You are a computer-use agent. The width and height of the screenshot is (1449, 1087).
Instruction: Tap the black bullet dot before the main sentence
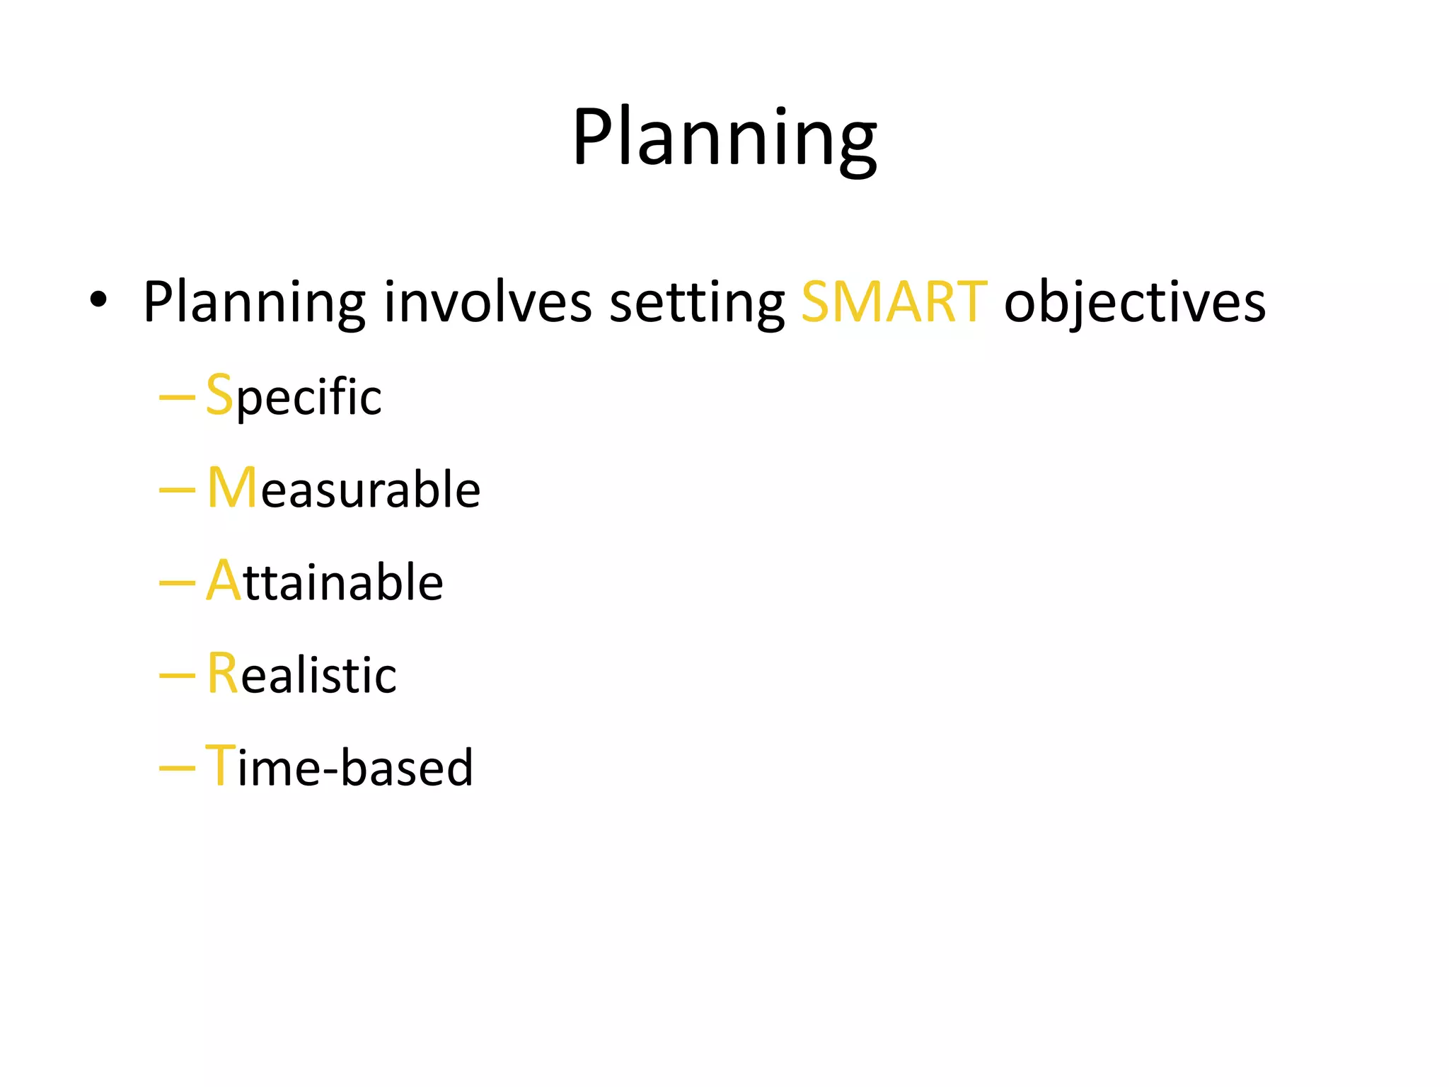coord(98,300)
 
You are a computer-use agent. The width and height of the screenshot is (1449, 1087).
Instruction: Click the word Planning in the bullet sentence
coord(254,303)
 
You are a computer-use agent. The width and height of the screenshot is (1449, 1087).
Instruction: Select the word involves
coord(487,303)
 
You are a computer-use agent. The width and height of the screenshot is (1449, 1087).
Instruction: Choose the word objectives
coord(1134,303)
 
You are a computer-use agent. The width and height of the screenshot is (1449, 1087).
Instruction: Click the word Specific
coord(294,396)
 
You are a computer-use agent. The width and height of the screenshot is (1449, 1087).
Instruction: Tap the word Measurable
coord(344,488)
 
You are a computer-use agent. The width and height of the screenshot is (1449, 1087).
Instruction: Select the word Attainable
coord(325,581)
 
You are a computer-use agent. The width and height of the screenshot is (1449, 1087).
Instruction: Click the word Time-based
coord(339,766)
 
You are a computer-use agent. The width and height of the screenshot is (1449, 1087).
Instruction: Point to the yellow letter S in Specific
coord(219,395)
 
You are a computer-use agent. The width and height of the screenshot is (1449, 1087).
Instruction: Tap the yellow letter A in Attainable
coord(224,580)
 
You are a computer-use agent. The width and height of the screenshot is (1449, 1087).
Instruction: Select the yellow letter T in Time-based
coord(219,765)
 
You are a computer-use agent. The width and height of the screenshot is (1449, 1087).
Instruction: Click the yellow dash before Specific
coord(177,397)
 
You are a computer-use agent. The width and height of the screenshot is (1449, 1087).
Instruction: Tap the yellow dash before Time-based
coord(177,767)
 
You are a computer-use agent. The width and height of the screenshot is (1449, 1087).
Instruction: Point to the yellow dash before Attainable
coord(177,582)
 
